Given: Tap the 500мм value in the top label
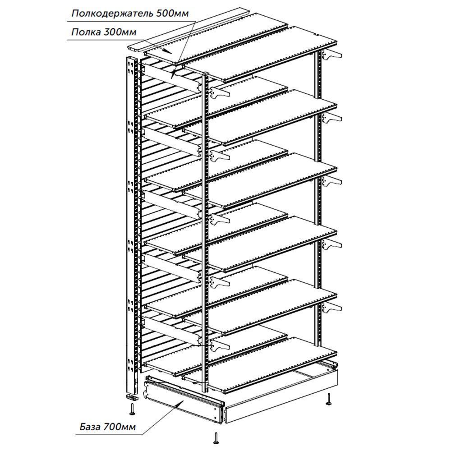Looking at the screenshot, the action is pyautogui.click(x=172, y=14).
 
